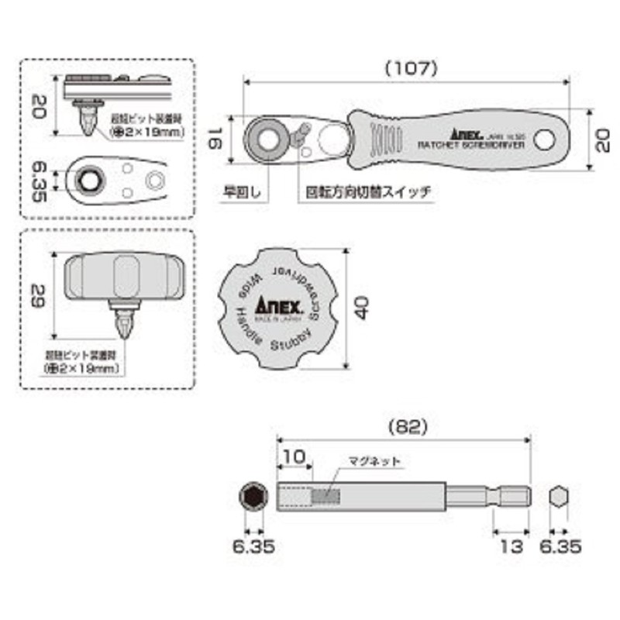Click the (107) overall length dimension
point(411,68)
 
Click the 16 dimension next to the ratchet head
point(218,139)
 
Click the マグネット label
point(375,460)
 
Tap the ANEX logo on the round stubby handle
point(273,305)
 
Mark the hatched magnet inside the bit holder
point(325,494)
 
